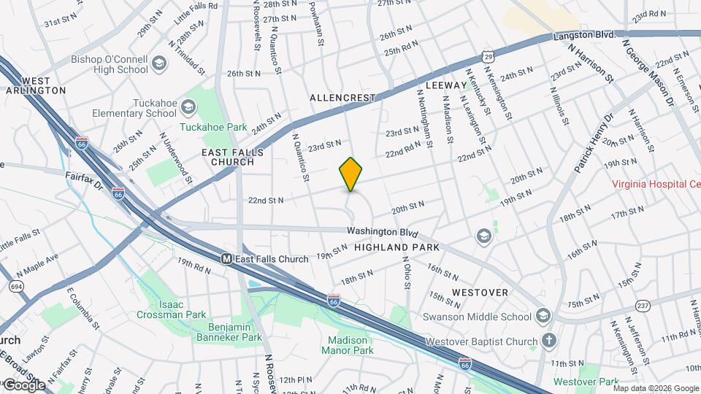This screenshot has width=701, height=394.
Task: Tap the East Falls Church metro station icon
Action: click(x=227, y=259)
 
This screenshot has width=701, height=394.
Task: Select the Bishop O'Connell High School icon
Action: click(x=158, y=64)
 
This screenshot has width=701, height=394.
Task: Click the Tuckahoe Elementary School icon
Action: click(x=188, y=108)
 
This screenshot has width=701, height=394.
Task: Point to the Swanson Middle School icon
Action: click(x=542, y=316)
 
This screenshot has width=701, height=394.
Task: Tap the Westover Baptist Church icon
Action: click(x=548, y=341)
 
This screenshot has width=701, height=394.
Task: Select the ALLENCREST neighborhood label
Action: click(x=342, y=98)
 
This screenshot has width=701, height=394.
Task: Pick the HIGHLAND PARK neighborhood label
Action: click(x=397, y=247)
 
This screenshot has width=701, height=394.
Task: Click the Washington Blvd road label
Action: click(x=382, y=233)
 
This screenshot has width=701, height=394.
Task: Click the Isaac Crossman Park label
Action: click(x=171, y=309)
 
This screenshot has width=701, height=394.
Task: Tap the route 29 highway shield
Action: click(x=487, y=55)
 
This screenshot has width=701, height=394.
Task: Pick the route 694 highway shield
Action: click(x=15, y=286)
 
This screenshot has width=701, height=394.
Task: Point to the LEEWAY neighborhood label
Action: click(x=445, y=85)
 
